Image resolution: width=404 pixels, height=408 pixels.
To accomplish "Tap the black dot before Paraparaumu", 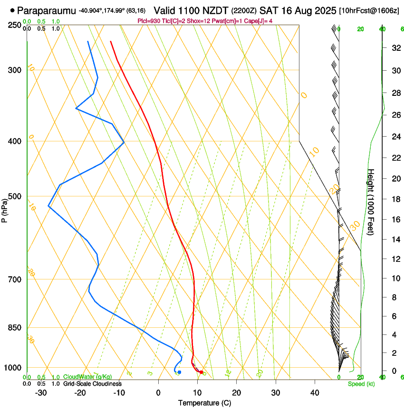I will click(x=12, y=9).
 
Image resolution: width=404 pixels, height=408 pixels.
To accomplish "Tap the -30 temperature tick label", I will click(x=41, y=392).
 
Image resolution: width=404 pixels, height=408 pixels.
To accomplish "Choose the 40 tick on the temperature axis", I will click(x=314, y=392).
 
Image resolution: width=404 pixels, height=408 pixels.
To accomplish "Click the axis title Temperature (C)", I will click(x=204, y=403).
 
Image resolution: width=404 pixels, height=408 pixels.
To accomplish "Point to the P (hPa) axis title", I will click(x=5, y=209).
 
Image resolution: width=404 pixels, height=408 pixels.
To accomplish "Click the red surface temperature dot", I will click(x=201, y=372).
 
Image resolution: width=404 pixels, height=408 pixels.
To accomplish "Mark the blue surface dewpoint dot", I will click(x=179, y=372).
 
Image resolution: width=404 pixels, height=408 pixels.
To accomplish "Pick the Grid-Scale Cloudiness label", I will click(x=92, y=383).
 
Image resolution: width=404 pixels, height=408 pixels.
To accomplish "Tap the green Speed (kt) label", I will click(x=361, y=383).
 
